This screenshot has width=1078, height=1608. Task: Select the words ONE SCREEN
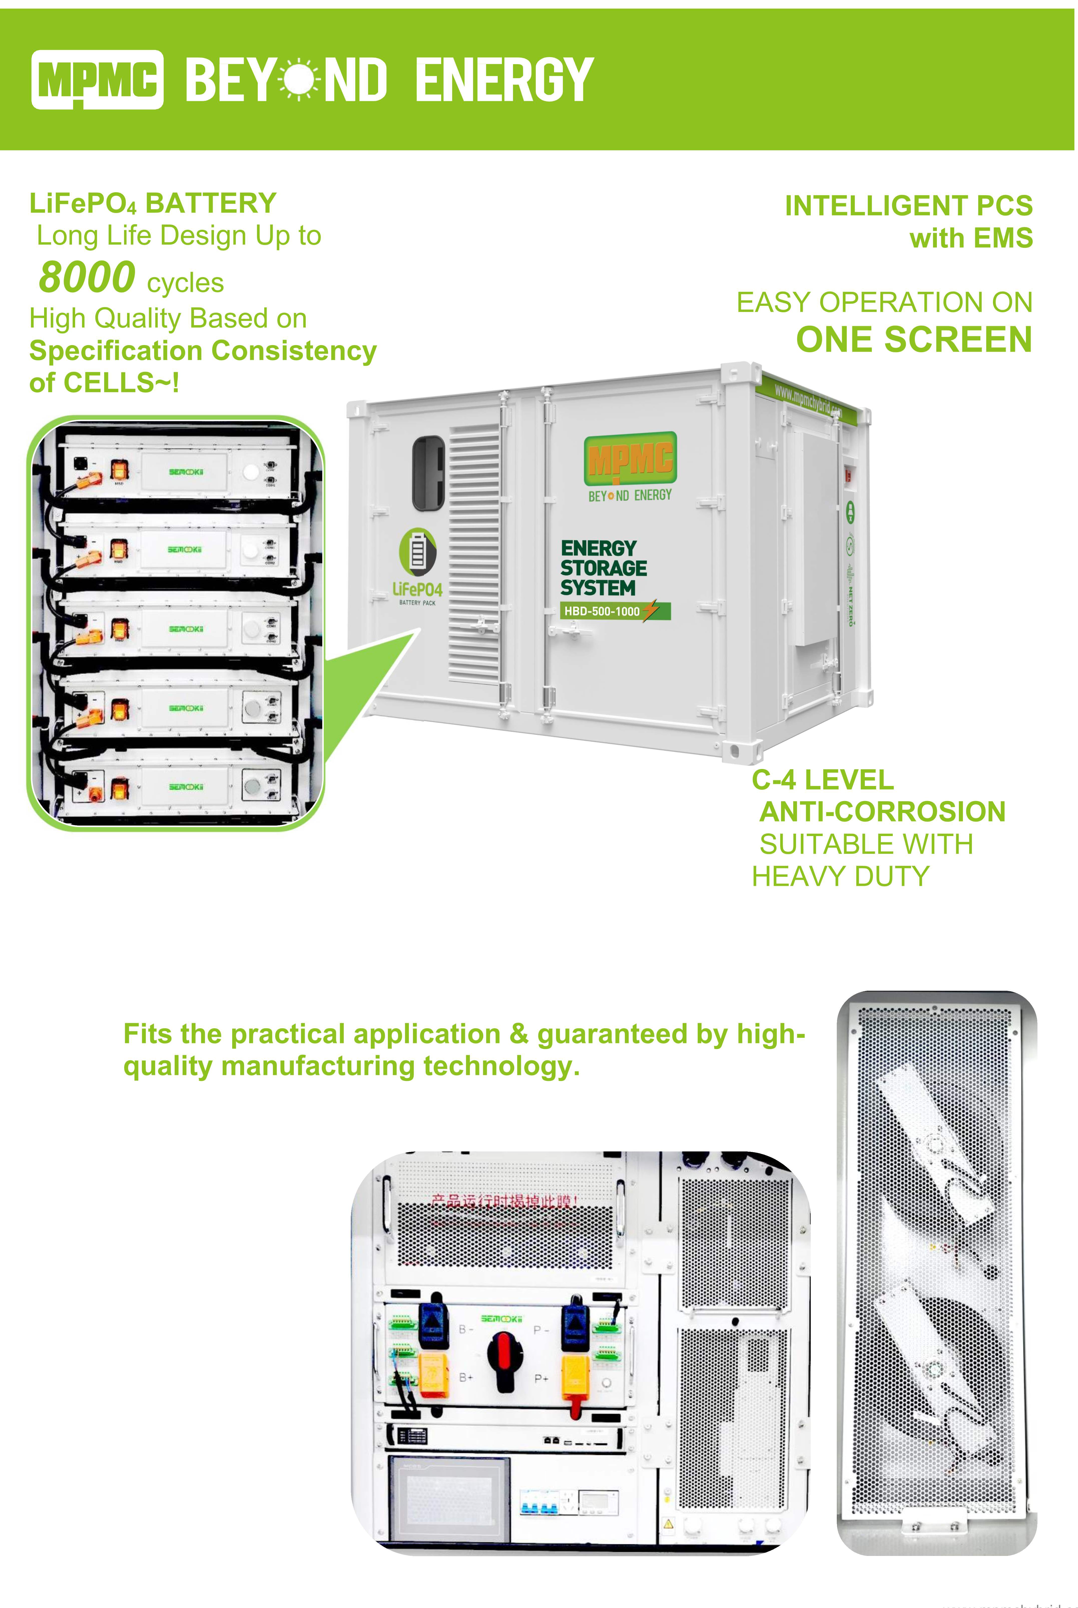pyautogui.click(x=914, y=340)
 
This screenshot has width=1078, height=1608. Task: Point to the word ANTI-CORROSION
pyautogui.click(x=882, y=812)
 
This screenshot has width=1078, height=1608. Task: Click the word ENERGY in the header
pyautogui.click(x=504, y=80)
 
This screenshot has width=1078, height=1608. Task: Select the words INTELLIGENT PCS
pyautogui.click(x=908, y=206)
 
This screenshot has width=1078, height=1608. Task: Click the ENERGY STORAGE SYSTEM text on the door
pyautogui.click(x=603, y=568)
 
